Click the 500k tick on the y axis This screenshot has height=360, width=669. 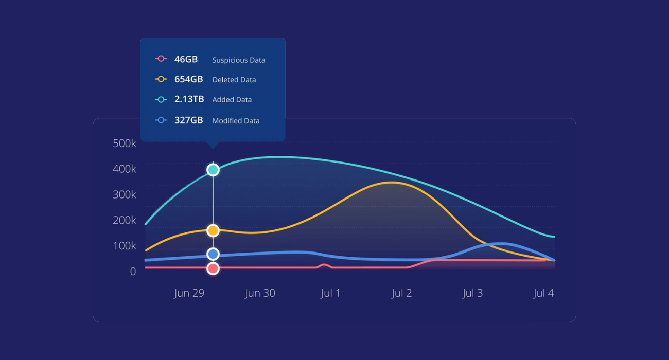(x=124, y=143)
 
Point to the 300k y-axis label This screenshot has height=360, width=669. (x=124, y=195)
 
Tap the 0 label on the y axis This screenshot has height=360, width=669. (x=133, y=272)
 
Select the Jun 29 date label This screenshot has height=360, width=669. (x=189, y=293)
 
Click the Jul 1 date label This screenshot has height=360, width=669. (x=330, y=293)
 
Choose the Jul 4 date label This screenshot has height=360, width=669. (x=543, y=293)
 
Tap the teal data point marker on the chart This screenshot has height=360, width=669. (x=213, y=170)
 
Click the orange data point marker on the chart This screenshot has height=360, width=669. (x=213, y=230)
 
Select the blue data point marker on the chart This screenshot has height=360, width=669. (x=213, y=254)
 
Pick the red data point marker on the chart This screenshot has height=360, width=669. (x=213, y=268)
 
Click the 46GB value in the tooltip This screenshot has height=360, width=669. (x=186, y=59)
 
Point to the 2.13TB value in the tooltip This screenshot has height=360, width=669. (x=189, y=99)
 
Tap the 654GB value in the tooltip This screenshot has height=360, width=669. (x=188, y=79)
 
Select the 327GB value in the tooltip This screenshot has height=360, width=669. (x=188, y=120)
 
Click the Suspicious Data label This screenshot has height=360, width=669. (x=239, y=60)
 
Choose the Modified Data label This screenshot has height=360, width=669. (x=236, y=121)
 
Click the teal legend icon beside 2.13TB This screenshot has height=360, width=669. (x=161, y=99)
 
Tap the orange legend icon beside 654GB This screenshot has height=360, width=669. (x=161, y=79)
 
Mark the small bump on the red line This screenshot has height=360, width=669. (x=324, y=265)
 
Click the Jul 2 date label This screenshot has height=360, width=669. (x=401, y=293)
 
